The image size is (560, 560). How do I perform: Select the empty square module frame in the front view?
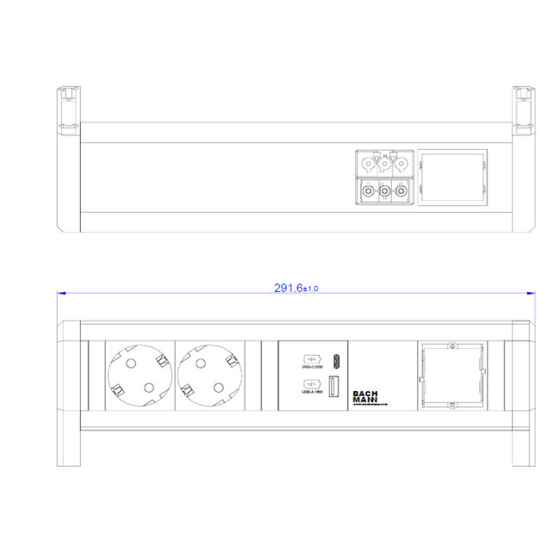pyautogui.click(x=451, y=376)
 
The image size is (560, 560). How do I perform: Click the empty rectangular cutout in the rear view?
pyautogui.click(x=452, y=178)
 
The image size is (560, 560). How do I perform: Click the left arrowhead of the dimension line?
pyautogui.click(x=60, y=293)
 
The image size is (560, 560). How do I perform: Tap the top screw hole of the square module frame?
pyautogui.click(x=451, y=348)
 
